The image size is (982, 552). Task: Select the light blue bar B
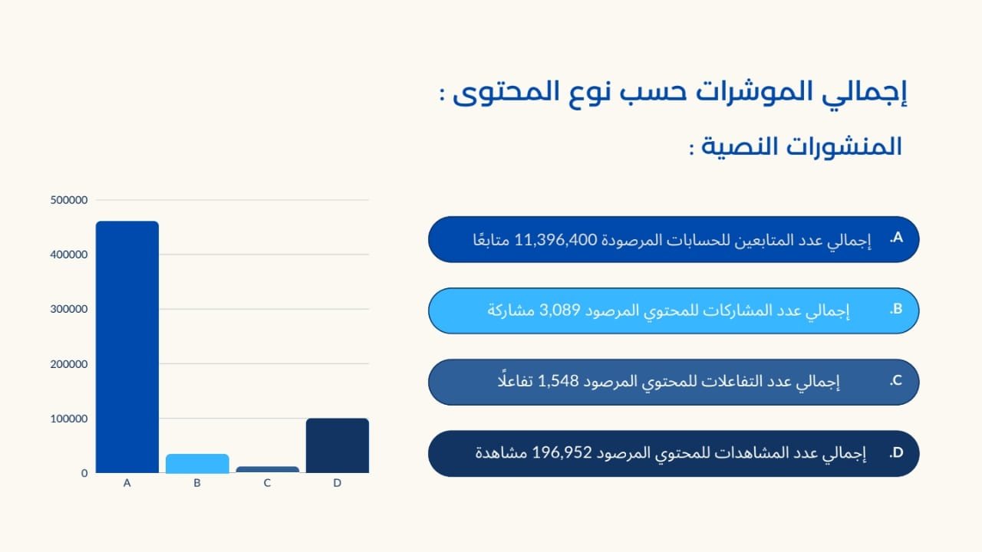coord(197,463)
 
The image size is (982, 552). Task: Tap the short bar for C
coord(268,469)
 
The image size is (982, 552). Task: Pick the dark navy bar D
coord(337,445)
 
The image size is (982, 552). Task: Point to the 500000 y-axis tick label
coord(69,200)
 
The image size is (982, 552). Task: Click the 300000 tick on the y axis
coord(69,309)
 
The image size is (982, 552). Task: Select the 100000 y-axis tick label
coord(69,419)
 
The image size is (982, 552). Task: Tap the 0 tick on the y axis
coord(84,473)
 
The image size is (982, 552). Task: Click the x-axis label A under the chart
coord(127,484)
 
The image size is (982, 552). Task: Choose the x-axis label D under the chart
coord(337,484)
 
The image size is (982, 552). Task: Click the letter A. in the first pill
coord(896,238)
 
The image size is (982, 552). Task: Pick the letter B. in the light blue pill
coord(896,310)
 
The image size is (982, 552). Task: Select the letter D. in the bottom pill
coord(896,453)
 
